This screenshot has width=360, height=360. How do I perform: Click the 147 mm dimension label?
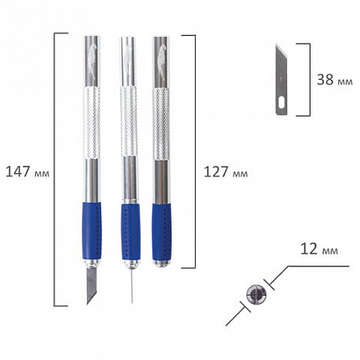pyautogui.click(x=28, y=172)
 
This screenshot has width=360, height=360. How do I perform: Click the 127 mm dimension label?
pyautogui.click(x=226, y=172)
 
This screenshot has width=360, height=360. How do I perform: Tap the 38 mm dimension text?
pyautogui.click(x=335, y=80)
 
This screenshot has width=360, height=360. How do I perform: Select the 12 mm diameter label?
pyautogui.click(x=319, y=249)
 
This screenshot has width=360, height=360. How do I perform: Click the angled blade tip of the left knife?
pyautogui.click(x=88, y=303)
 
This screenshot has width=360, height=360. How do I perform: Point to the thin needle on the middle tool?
pyautogui.click(x=131, y=286)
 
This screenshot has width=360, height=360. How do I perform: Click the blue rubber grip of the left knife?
pyautogui.click(x=91, y=232)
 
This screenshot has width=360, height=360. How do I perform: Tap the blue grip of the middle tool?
pyautogui.click(x=131, y=233)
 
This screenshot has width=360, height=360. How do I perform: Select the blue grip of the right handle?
pyautogui.click(x=162, y=232)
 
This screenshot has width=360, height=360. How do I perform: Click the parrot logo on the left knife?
pyautogui.click(x=92, y=59)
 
